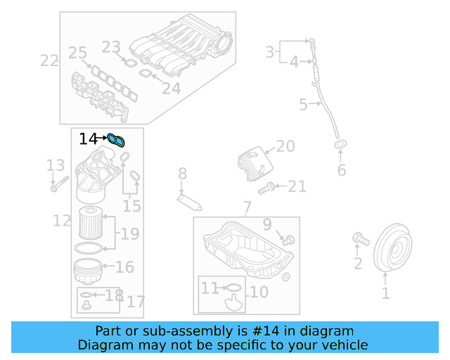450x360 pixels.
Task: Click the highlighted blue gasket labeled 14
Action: pos(117,141)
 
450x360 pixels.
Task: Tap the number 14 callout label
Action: pos(89,139)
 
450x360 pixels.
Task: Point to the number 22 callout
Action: pos(49,61)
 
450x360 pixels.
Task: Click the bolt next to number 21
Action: pos(265,188)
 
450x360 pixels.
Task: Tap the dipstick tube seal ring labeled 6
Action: pos(340,146)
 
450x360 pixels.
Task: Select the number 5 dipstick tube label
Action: pos(303,105)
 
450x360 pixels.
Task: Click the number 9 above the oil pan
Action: pos(266,225)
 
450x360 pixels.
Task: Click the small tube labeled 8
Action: pos(190,202)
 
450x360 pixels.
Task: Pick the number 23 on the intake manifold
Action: pos(111,48)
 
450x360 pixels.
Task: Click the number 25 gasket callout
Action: pos(77,53)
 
